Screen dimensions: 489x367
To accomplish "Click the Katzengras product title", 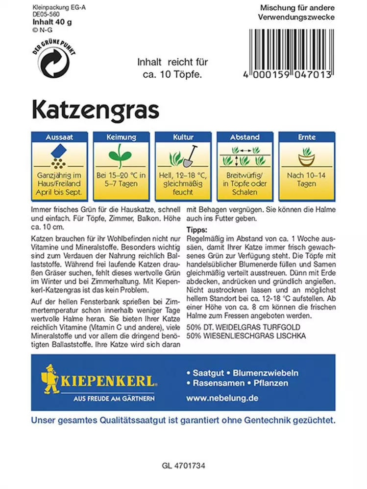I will click(x=96, y=110).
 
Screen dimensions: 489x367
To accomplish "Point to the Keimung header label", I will click(x=121, y=137).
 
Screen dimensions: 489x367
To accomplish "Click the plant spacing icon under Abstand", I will click(x=245, y=156).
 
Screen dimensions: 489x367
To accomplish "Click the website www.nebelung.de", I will click(x=222, y=398).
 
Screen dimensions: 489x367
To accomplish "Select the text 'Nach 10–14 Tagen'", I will click(x=306, y=179).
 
